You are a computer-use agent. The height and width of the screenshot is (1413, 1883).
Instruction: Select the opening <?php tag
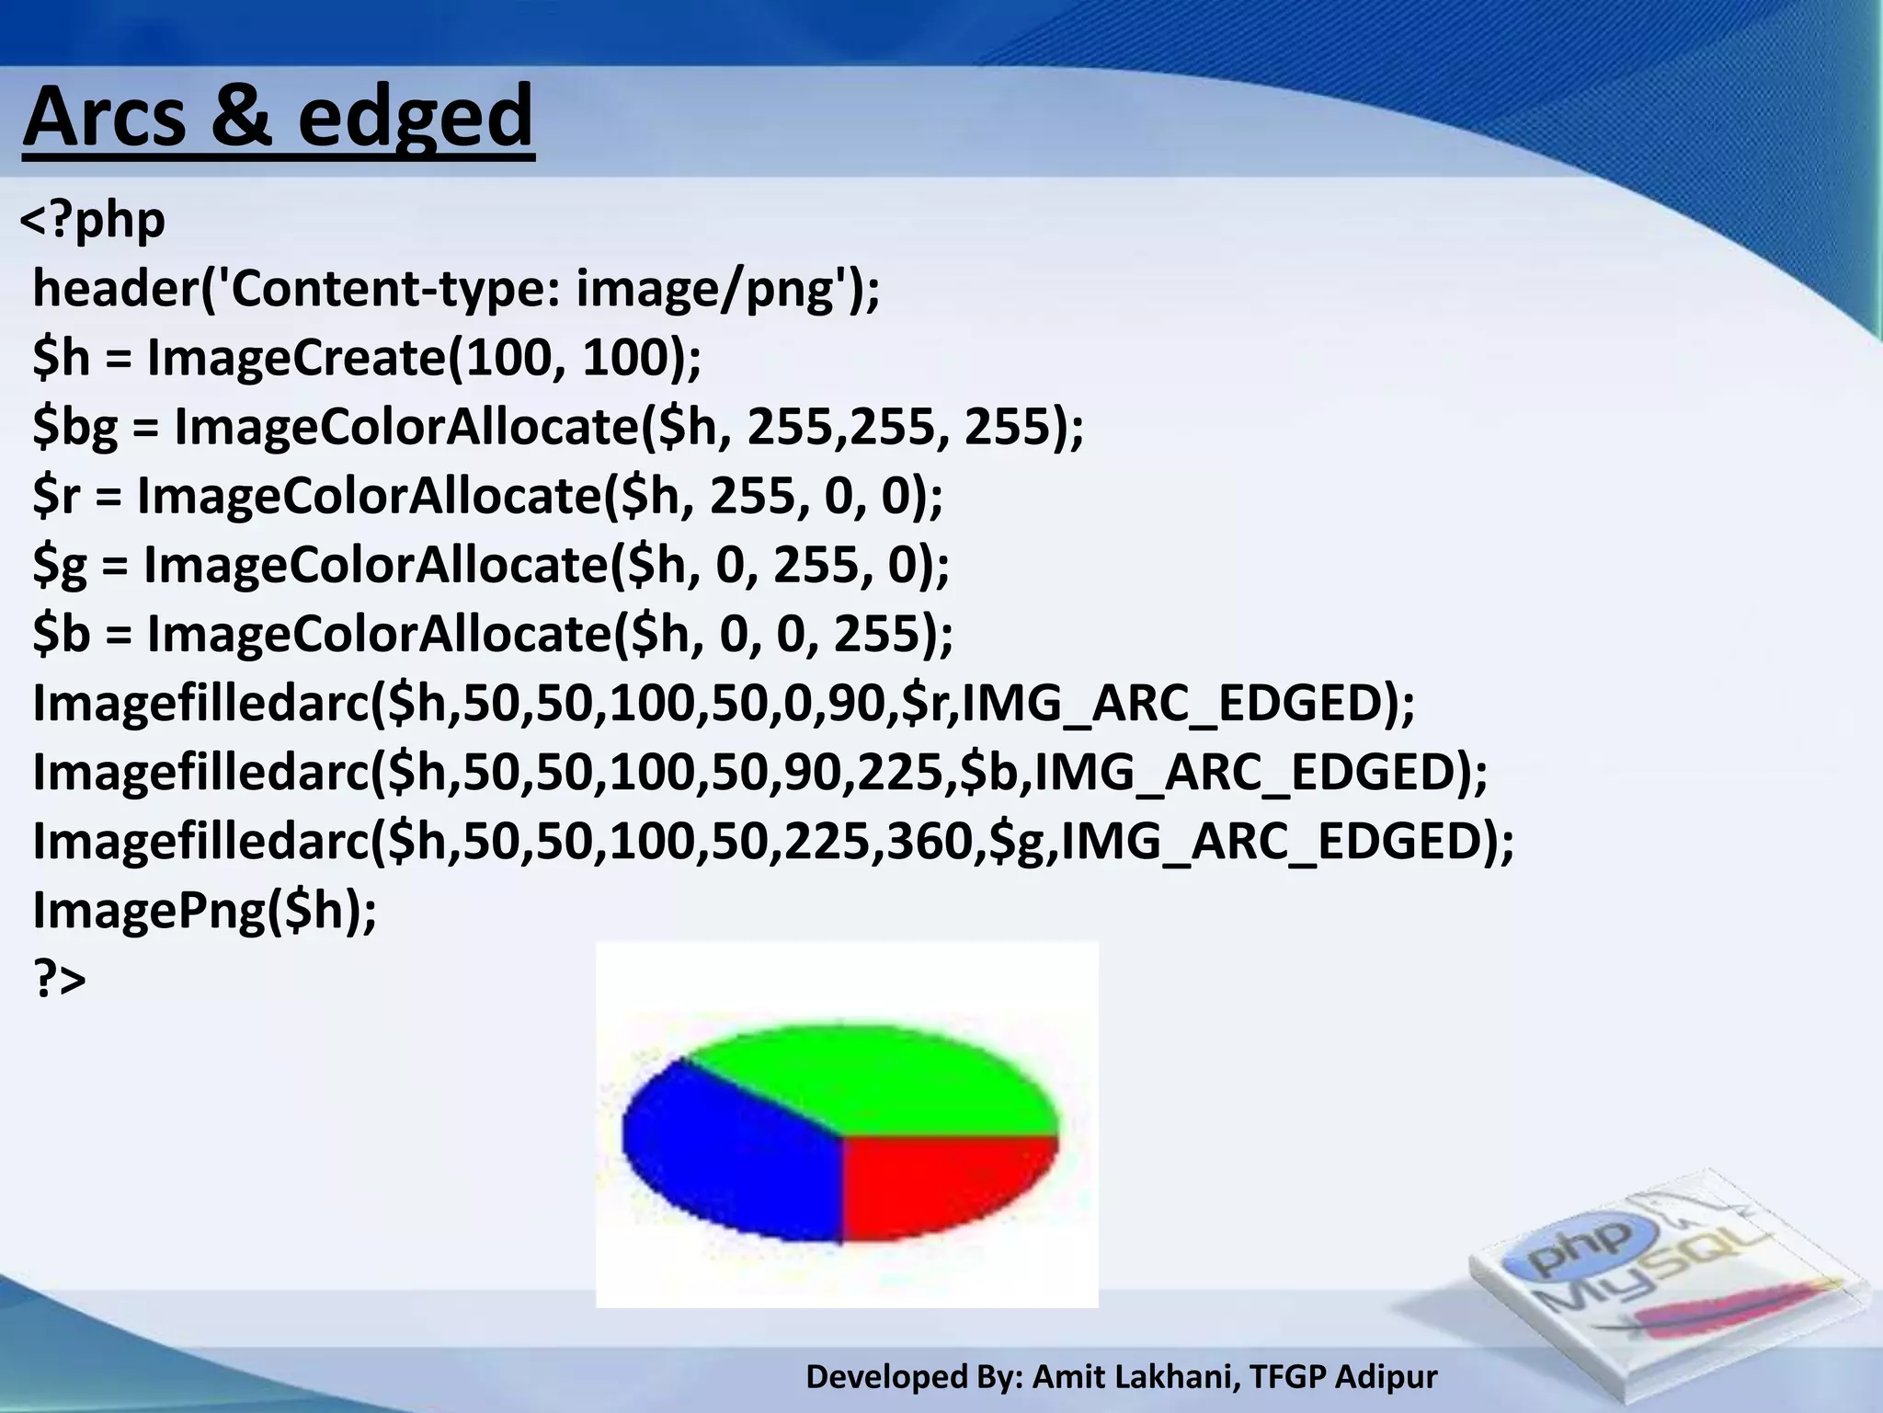[x=93, y=221]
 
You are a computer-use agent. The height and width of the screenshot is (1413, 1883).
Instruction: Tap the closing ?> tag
[x=60, y=979]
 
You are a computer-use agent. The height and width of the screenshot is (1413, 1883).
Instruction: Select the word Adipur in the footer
[x=1386, y=1376]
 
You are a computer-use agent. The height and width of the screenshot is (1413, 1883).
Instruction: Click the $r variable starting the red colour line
[x=57, y=496]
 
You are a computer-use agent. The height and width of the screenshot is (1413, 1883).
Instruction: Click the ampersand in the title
[x=241, y=117]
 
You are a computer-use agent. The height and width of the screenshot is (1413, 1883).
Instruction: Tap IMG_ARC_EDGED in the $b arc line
[x=1250, y=772]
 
